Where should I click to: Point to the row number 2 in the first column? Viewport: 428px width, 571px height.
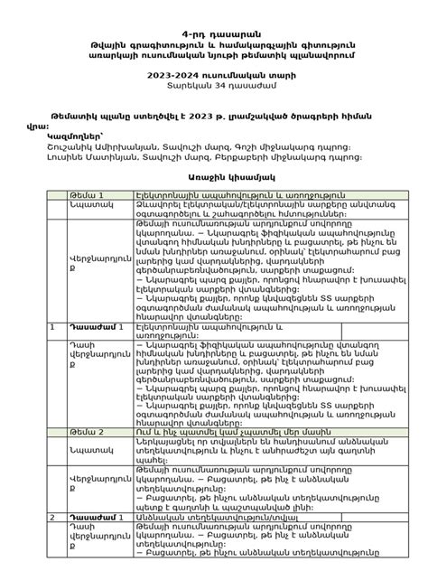coord(53,518)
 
